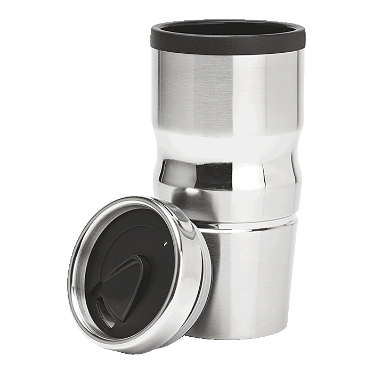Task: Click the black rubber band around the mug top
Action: coord(229,40)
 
